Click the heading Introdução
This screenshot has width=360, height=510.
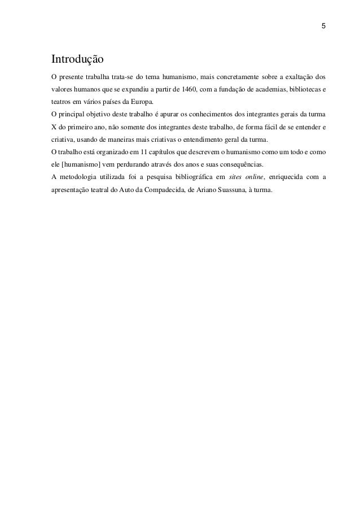[x=77, y=59]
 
